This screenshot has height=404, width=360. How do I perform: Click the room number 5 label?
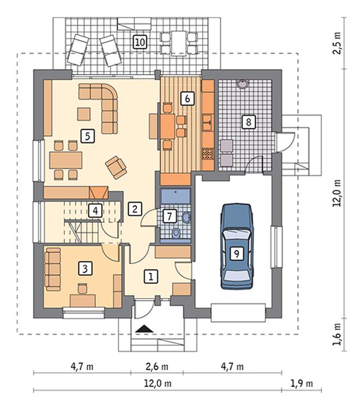(x=88, y=136)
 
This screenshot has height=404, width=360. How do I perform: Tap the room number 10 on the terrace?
(x=140, y=42)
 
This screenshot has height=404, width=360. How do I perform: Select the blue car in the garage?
(x=237, y=246)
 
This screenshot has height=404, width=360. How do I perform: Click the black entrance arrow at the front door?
(x=145, y=329)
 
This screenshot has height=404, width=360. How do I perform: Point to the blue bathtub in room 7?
(x=175, y=196)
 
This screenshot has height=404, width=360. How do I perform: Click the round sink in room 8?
(x=242, y=84)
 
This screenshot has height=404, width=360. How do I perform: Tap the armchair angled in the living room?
(x=116, y=168)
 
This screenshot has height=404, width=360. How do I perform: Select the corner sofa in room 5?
(x=98, y=108)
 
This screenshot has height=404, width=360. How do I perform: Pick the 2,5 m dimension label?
(x=337, y=43)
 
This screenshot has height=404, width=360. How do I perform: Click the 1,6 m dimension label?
(x=337, y=335)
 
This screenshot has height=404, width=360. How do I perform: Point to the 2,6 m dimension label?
(x=157, y=366)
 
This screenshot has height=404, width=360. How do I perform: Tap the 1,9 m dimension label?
(x=302, y=384)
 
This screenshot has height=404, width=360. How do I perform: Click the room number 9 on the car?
(x=236, y=254)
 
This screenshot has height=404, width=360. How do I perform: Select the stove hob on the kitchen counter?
(x=208, y=155)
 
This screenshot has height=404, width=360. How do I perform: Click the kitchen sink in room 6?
(x=208, y=123)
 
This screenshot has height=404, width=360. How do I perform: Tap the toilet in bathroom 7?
(x=176, y=233)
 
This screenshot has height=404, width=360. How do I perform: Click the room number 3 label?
(x=85, y=269)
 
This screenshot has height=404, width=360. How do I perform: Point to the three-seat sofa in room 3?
(x=52, y=269)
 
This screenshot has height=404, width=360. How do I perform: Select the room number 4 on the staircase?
(x=95, y=211)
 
